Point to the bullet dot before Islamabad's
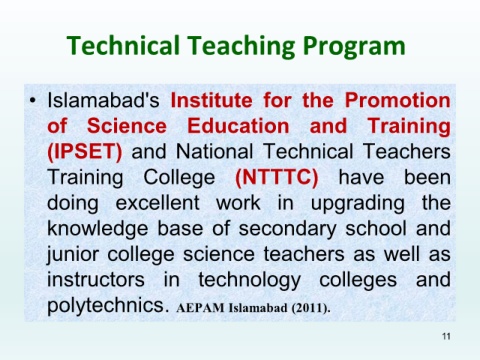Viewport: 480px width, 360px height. [32, 100]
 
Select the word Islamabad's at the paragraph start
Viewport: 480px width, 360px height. [103, 100]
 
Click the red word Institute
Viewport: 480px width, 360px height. [212, 100]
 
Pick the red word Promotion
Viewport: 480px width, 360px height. [397, 100]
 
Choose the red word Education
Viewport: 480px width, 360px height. [238, 126]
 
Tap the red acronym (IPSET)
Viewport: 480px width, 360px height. [85, 152]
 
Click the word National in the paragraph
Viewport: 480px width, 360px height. [214, 152]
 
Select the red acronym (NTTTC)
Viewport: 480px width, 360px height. [277, 177]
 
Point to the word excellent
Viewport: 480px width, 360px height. [158, 203]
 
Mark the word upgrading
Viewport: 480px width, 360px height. [358, 204]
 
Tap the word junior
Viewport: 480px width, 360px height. [73, 255]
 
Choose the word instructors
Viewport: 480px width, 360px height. [96, 280]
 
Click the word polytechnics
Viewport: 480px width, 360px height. [106, 306]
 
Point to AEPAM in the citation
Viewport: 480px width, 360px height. [200, 308]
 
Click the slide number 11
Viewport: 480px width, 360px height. [446, 336]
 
